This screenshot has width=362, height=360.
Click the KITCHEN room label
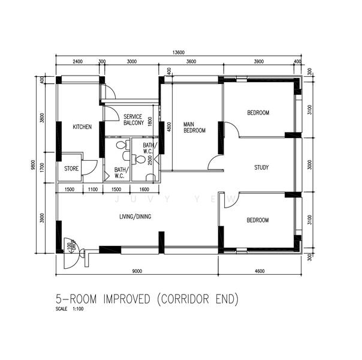[x=82, y=127]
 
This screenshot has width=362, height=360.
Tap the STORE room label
[x=71, y=169]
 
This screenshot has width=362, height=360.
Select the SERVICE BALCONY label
[x=133, y=119]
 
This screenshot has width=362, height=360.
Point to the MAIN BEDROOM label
[x=194, y=127]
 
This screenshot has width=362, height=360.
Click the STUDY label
[x=261, y=167]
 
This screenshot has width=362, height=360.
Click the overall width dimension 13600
[x=178, y=53]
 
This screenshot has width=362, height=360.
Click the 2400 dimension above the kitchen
[x=77, y=62]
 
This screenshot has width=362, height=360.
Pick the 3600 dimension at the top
[x=191, y=62]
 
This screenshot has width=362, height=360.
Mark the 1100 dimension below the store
[x=92, y=189]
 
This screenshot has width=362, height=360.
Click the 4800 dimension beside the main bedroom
[x=169, y=128]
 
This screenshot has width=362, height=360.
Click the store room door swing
[x=90, y=168]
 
